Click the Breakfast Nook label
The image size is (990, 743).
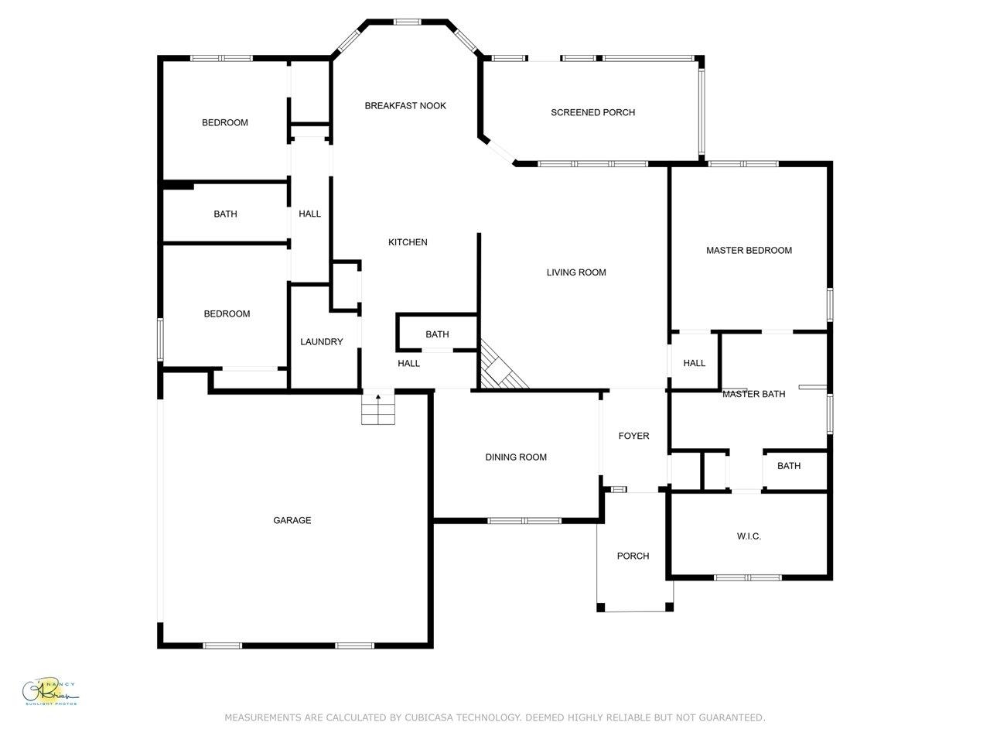[405, 106]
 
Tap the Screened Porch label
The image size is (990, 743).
[592, 113]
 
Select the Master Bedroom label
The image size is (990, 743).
[749, 251]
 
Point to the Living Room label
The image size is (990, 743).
[576, 272]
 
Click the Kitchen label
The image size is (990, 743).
[408, 243]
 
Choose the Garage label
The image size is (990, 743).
[292, 521]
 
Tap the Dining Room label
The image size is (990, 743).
[516, 457]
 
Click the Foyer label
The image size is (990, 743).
[633, 437]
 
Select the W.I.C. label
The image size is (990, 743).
[748, 536]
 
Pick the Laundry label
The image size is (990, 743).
[321, 342]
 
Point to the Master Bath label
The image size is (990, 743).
[753, 395]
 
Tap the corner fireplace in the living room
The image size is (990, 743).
[499, 368]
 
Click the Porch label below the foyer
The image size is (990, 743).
[633, 556]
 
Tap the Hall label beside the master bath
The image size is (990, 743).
[694, 364]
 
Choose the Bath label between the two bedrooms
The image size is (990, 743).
[226, 214]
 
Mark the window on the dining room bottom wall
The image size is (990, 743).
[524, 520]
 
